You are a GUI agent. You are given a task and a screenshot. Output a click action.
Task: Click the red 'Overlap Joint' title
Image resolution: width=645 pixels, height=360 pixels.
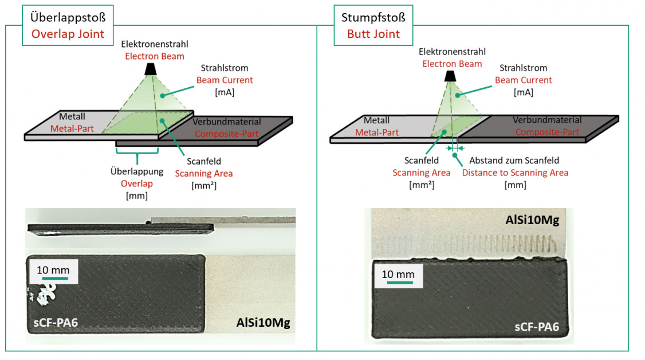coord(68,34)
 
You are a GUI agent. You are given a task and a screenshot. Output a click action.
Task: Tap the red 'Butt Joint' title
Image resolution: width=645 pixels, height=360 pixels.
coord(373,34)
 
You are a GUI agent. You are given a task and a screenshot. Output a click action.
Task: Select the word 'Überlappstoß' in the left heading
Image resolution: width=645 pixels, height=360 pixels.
coord(68,17)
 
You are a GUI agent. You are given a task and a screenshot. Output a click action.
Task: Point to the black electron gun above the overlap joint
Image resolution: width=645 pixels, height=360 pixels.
coord(151,69)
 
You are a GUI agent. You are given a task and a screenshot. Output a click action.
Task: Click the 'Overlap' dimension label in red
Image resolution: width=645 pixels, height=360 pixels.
coord(136,183)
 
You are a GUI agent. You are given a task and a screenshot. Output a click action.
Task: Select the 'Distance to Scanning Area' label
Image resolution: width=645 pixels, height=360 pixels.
coord(515,173)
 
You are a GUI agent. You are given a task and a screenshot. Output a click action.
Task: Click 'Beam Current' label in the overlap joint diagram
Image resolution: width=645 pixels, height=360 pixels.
coord(224,80)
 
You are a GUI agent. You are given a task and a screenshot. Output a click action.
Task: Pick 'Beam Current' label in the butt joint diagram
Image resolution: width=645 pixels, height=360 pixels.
coord(523,80)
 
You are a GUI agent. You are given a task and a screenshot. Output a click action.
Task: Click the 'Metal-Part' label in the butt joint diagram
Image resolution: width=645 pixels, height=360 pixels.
coord(376,132)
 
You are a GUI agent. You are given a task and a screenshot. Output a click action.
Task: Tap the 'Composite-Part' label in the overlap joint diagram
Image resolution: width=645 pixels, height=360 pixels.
coord(226,134)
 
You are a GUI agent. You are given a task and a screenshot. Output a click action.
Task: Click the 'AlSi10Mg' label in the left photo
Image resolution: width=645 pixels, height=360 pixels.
coord(263,323)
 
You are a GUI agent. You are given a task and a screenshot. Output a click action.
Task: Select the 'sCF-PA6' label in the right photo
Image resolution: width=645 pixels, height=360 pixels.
coord(536,327)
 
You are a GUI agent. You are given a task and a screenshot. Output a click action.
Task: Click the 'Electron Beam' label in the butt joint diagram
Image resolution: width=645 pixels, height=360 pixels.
coord(452,64)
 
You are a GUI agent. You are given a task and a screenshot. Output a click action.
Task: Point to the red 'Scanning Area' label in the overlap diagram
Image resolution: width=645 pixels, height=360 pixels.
coord(204,174)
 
